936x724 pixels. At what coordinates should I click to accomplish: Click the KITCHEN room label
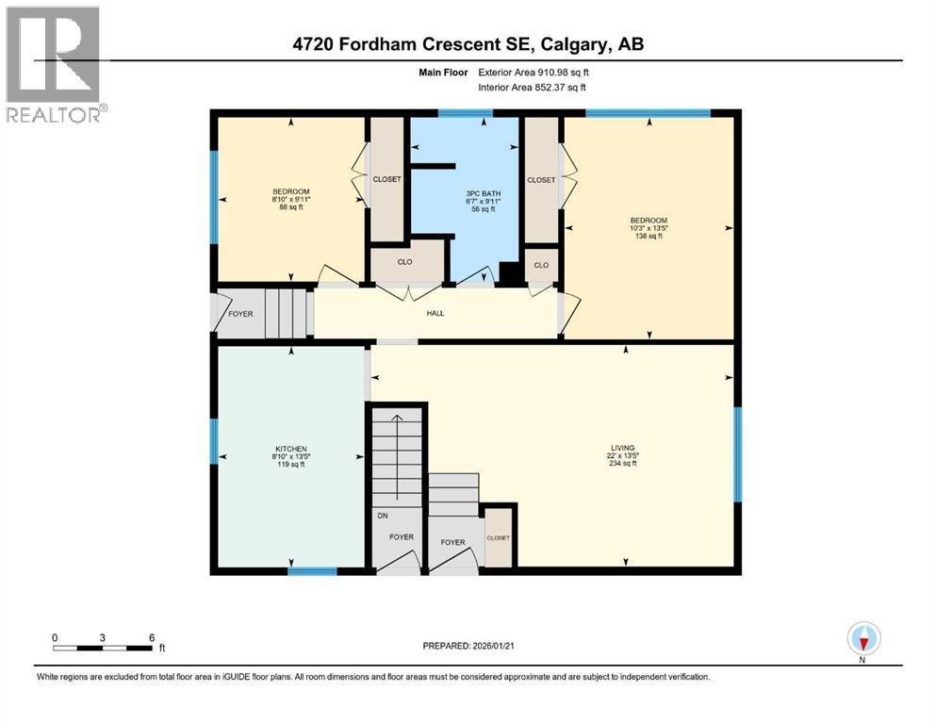coord(290,449)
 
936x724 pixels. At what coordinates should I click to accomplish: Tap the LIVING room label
coord(622,448)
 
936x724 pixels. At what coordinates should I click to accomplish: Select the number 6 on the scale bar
coord(152,637)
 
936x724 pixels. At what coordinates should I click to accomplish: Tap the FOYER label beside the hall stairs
coord(240,313)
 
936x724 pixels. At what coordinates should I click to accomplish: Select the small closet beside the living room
coord(498,537)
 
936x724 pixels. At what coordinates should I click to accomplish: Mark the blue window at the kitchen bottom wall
coord(312,570)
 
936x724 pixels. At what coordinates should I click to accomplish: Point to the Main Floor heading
coord(443,72)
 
